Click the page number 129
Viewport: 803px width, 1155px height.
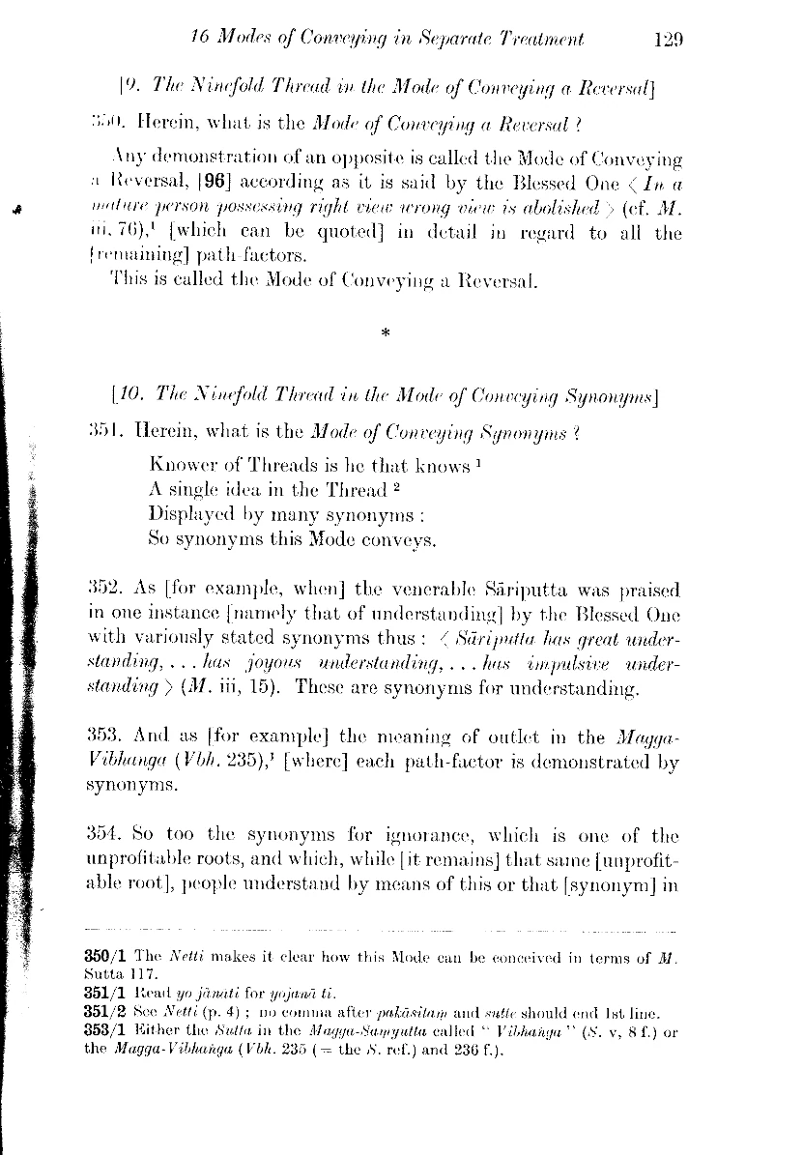click(x=668, y=40)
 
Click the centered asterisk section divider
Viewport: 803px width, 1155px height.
click(x=386, y=333)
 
